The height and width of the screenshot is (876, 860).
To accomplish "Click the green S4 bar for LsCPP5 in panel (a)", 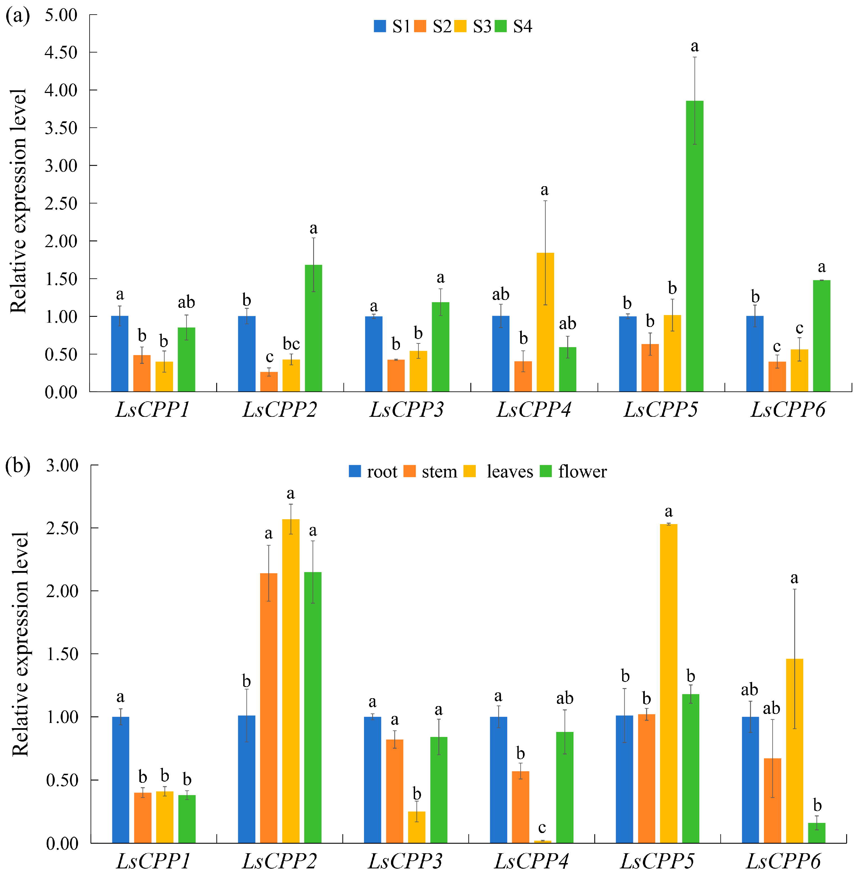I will [694, 246].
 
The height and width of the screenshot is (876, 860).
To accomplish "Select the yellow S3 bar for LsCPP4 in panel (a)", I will [545, 322].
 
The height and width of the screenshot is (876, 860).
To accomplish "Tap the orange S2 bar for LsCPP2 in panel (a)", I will [269, 382].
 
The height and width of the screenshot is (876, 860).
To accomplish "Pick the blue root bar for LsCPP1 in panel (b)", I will [120, 779].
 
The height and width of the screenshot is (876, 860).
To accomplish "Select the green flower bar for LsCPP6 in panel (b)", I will [817, 833].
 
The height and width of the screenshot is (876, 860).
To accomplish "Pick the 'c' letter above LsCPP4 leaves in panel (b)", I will [542, 828].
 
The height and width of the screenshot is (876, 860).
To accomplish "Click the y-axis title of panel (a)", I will [18, 201].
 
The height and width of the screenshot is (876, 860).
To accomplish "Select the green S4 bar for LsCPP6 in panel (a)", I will [822, 336].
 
